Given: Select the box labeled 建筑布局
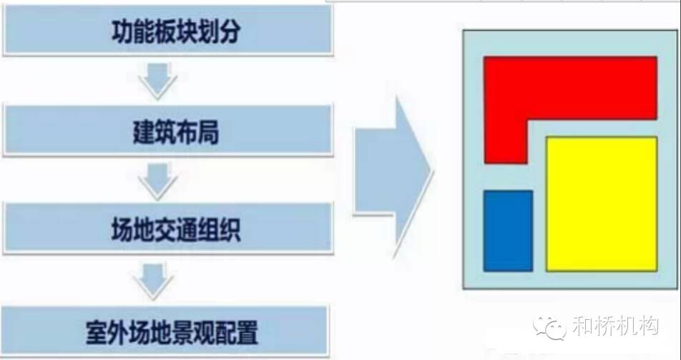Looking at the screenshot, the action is point(168,130).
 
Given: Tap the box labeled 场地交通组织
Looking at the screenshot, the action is point(168,228).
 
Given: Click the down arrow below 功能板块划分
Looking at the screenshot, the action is point(158,80).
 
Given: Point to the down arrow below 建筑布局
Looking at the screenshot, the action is point(158,181).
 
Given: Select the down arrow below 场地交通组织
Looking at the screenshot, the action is point(154,281).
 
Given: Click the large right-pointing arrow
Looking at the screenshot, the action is point(393,177).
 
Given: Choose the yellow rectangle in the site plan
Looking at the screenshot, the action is point(602,204).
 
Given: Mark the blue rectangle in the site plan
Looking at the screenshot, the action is point(508,231).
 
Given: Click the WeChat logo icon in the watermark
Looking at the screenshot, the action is point(550,327).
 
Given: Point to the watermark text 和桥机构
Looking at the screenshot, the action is point(615,326).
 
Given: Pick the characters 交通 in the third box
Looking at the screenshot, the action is point(176,230).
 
